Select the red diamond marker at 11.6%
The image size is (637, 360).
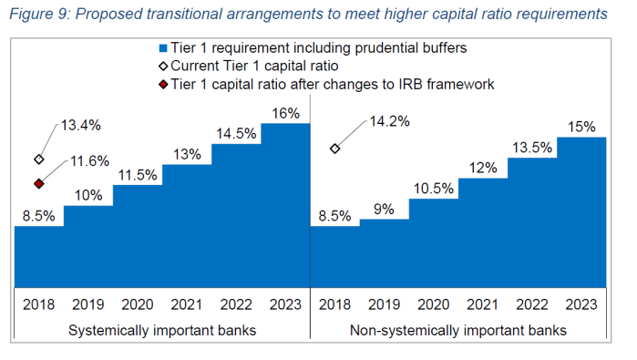(39, 183)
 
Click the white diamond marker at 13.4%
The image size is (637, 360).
(39, 159)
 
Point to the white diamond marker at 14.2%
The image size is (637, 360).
(335, 149)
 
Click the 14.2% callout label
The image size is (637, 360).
(389, 119)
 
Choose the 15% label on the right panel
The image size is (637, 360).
(581, 126)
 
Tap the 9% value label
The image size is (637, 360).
(384, 209)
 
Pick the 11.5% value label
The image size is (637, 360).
(137, 174)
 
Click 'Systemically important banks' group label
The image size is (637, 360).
(162, 330)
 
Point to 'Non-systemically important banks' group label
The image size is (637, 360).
(458, 330)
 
